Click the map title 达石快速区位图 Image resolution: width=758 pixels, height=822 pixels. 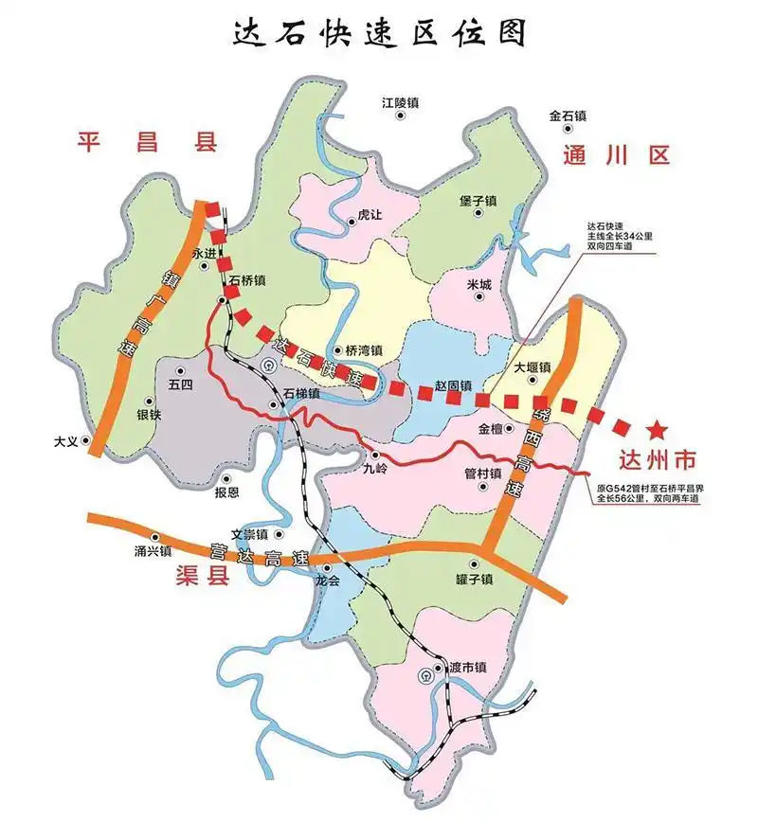[379, 32]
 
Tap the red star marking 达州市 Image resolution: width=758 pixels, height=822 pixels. [655, 429]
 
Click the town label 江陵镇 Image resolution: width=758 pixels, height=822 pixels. [400, 101]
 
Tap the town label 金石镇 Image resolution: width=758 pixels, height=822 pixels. [568, 116]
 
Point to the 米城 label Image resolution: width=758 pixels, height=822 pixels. [479, 284]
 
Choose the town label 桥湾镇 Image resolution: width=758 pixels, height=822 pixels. [363, 350]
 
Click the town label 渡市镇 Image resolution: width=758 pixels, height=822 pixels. [467, 668]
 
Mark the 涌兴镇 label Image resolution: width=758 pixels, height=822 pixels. [152, 550]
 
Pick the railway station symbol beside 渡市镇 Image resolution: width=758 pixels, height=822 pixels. [427, 676]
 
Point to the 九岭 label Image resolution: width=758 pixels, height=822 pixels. [375, 468]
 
